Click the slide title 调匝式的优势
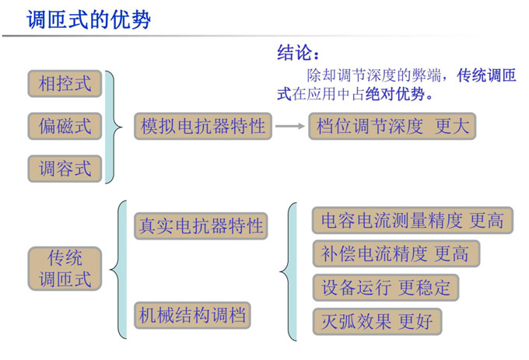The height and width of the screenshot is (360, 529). (x=89, y=19)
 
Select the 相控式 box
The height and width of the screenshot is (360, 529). (x=65, y=84)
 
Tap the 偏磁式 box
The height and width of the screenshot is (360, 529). (x=65, y=126)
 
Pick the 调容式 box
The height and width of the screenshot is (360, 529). (x=65, y=169)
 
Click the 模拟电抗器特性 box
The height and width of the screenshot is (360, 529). (x=203, y=126)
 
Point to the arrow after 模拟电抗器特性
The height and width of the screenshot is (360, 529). (x=290, y=126)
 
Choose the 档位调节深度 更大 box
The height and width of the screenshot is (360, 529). (x=392, y=126)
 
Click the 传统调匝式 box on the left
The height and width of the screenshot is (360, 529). (x=65, y=269)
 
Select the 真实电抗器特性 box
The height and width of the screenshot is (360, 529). (x=201, y=225)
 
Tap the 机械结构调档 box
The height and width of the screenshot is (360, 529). (x=192, y=315)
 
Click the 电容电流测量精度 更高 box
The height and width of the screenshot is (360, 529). (x=412, y=221)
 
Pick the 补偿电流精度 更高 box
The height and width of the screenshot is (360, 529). (x=396, y=253)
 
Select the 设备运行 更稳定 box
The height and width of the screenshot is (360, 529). (x=386, y=288)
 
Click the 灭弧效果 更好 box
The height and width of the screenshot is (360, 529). (x=377, y=322)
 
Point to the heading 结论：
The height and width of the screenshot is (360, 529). (x=298, y=53)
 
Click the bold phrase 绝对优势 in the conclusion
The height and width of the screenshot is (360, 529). (x=394, y=94)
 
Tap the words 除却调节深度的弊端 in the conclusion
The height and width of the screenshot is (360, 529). (x=374, y=75)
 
